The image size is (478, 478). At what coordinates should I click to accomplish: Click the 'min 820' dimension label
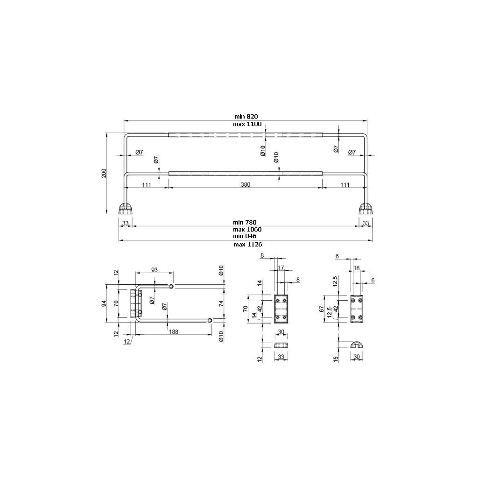pyautogui.click(x=246, y=116)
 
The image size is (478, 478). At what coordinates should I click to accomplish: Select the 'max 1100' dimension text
pyautogui.click(x=247, y=124)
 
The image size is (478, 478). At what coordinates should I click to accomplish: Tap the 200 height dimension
pyautogui.click(x=104, y=173)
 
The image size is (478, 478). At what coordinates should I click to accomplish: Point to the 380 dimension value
pyautogui.click(x=246, y=184)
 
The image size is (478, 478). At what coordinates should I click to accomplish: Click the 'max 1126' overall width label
pyautogui.click(x=247, y=244)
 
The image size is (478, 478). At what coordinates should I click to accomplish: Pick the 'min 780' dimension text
pyautogui.click(x=245, y=223)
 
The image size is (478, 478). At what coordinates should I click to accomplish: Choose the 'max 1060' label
pyautogui.click(x=247, y=229)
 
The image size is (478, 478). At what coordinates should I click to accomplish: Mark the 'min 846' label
pyautogui.click(x=245, y=236)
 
